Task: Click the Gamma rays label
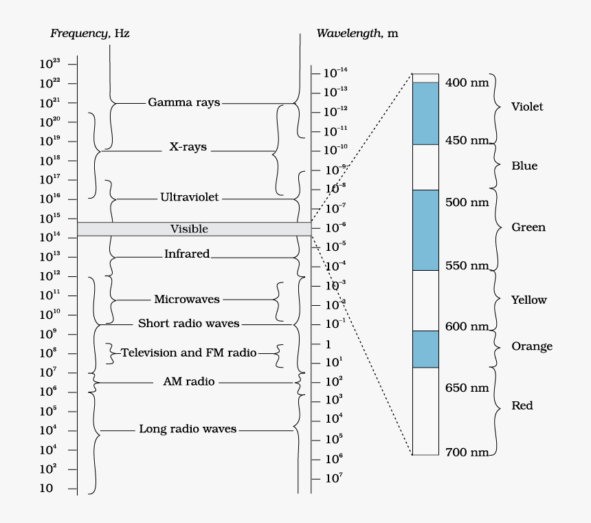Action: click(184, 102)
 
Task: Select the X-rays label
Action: click(188, 147)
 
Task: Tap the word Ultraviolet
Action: click(189, 197)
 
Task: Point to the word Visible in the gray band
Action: click(189, 229)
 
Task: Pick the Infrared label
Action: click(186, 254)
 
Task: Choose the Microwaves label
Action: click(187, 299)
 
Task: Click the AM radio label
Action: click(189, 381)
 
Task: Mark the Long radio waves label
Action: click(188, 429)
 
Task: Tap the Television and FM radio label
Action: click(189, 353)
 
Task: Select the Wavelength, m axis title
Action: click(357, 33)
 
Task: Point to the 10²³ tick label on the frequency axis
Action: click(49, 64)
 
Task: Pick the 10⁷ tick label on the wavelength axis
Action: click(333, 478)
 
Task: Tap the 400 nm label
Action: click(467, 82)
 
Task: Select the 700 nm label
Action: click(467, 452)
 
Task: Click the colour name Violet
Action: click(527, 107)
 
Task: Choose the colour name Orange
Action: click(532, 346)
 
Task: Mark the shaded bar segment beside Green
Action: click(425, 230)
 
